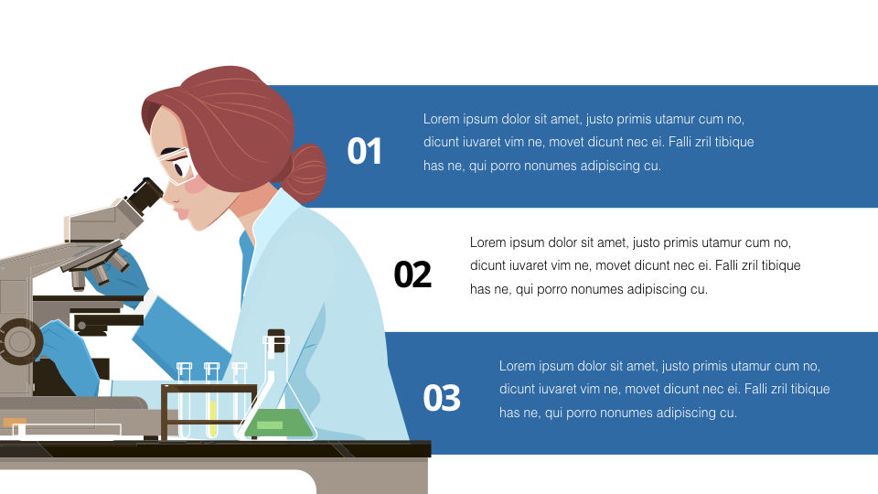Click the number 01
coord(365,151)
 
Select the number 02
coord(412,274)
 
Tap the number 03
coord(442,398)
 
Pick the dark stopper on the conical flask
coord(276,336)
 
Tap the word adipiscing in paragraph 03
coord(681,413)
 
